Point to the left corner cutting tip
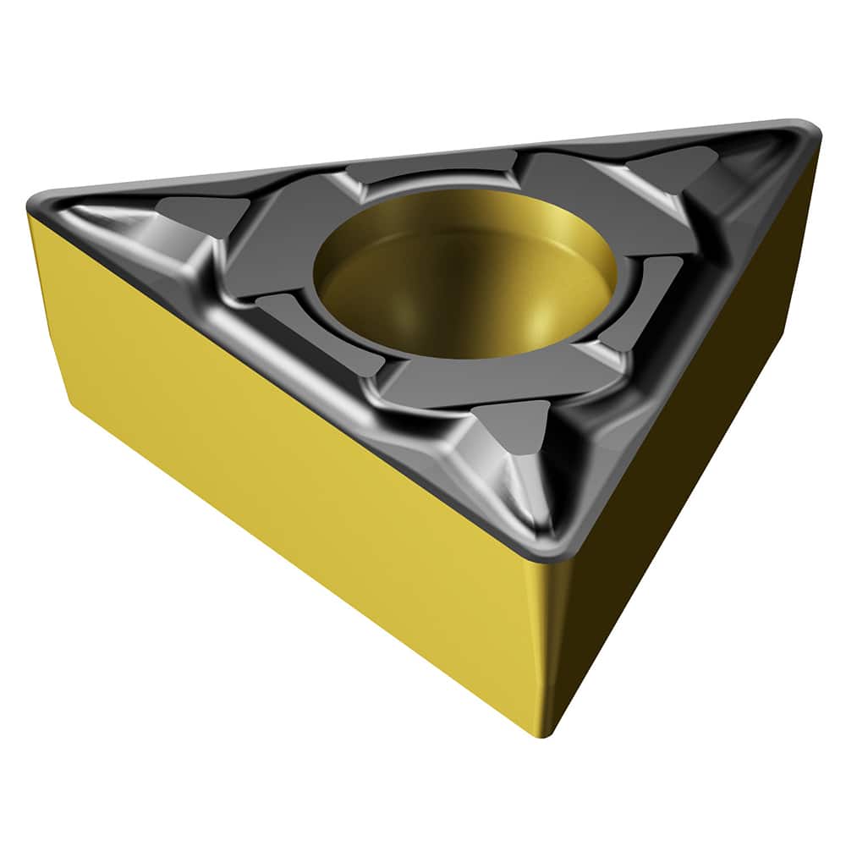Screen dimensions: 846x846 [x=42, y=203]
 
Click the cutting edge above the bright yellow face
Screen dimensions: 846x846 [x=279, y=355]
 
